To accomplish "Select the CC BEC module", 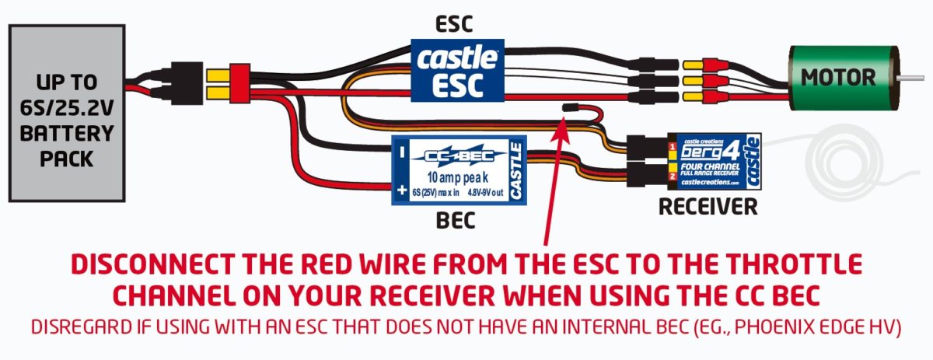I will tap(459, 170).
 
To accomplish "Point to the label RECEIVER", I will tap(707, 208).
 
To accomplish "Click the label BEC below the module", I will tap(456, 223).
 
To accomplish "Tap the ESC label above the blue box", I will tap(456, 23).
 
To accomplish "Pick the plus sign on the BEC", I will tap(402, 190).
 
